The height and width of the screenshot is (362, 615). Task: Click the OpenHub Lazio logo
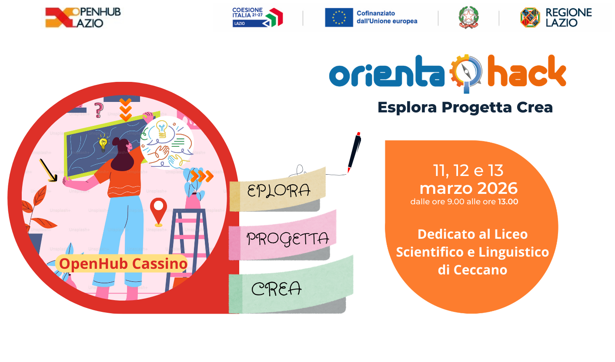point(83,17)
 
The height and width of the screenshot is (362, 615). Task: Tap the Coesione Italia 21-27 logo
point(257,17)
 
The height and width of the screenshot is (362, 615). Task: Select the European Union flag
point(339,17)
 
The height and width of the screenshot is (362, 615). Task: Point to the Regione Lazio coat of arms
point(530,17)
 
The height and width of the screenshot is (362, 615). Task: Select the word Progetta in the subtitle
point(475,107)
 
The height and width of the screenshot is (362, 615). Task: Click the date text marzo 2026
point(468,188)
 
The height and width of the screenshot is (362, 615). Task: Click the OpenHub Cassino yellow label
point(123,264)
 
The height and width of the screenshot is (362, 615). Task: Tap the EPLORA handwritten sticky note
point(278,190)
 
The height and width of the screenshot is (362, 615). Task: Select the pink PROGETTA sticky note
point(287,238)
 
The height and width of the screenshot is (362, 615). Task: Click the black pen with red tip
point(354,152)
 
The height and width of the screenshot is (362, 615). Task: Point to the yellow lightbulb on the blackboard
point(103,143)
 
